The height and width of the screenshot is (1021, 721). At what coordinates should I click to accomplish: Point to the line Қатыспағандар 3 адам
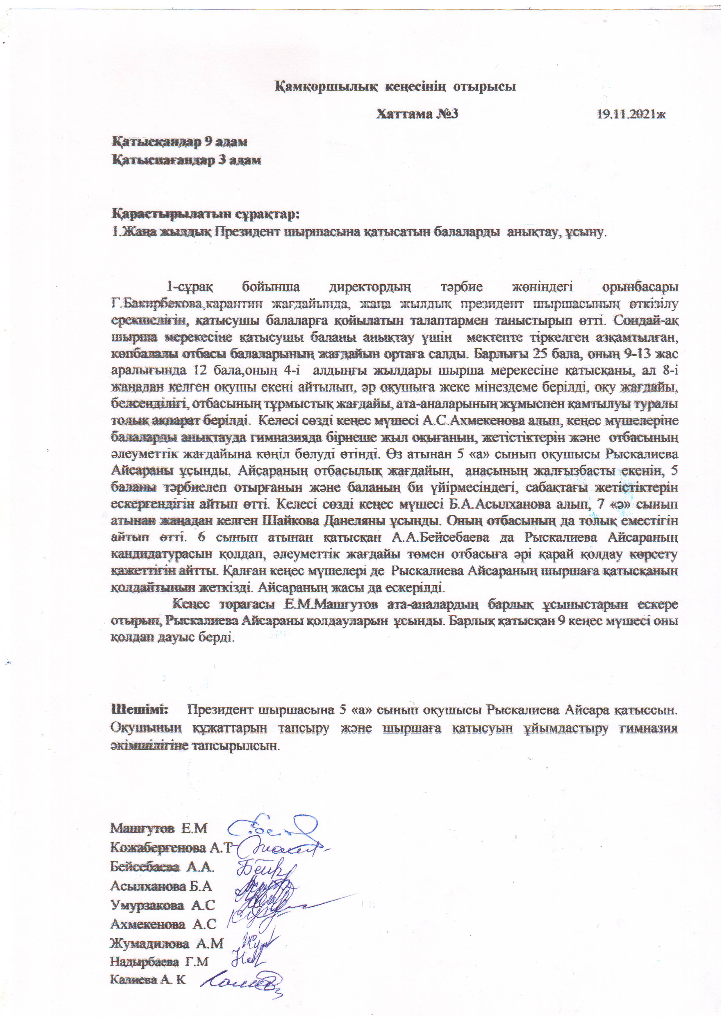[x=186, y=160]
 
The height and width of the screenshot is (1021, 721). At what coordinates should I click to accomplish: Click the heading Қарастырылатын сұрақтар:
[x=205, y=214]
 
